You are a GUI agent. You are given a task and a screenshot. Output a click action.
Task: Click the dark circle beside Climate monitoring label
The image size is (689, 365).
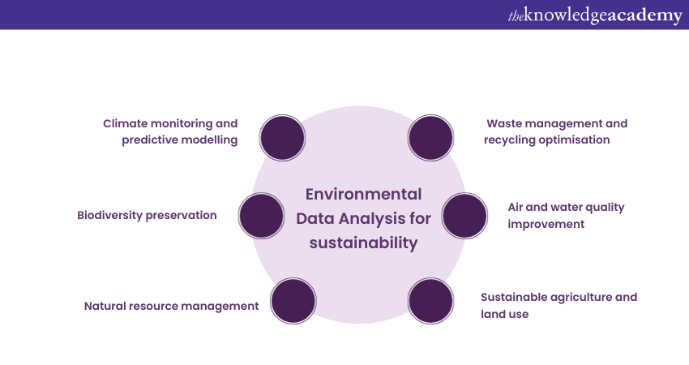(x=282, y=137)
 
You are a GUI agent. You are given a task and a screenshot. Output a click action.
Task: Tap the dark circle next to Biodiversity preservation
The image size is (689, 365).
(x=262, y=216)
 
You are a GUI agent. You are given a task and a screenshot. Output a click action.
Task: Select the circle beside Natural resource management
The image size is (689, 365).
(x=293, y=301)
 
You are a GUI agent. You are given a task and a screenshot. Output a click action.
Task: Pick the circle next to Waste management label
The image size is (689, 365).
(x=430, y=137)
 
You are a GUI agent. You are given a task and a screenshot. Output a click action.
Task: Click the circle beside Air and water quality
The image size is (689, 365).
(x=464, y=216)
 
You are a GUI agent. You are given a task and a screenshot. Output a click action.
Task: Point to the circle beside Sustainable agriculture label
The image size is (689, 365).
(x=430, y=301)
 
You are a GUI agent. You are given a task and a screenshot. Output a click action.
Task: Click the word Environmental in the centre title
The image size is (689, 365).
(x=363, y=195)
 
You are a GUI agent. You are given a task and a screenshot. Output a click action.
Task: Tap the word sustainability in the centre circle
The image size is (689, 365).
(x=363, y=243)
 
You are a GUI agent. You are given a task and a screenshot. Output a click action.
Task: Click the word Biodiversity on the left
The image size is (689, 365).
(x=112, y=216)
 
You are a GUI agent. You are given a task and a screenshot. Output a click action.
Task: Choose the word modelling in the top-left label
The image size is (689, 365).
(x=208, y=140)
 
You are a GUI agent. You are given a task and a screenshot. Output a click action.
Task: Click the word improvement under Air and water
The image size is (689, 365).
(x=546, y=224)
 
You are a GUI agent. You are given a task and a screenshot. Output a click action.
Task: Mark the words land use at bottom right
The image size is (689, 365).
(x=504, y=313)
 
